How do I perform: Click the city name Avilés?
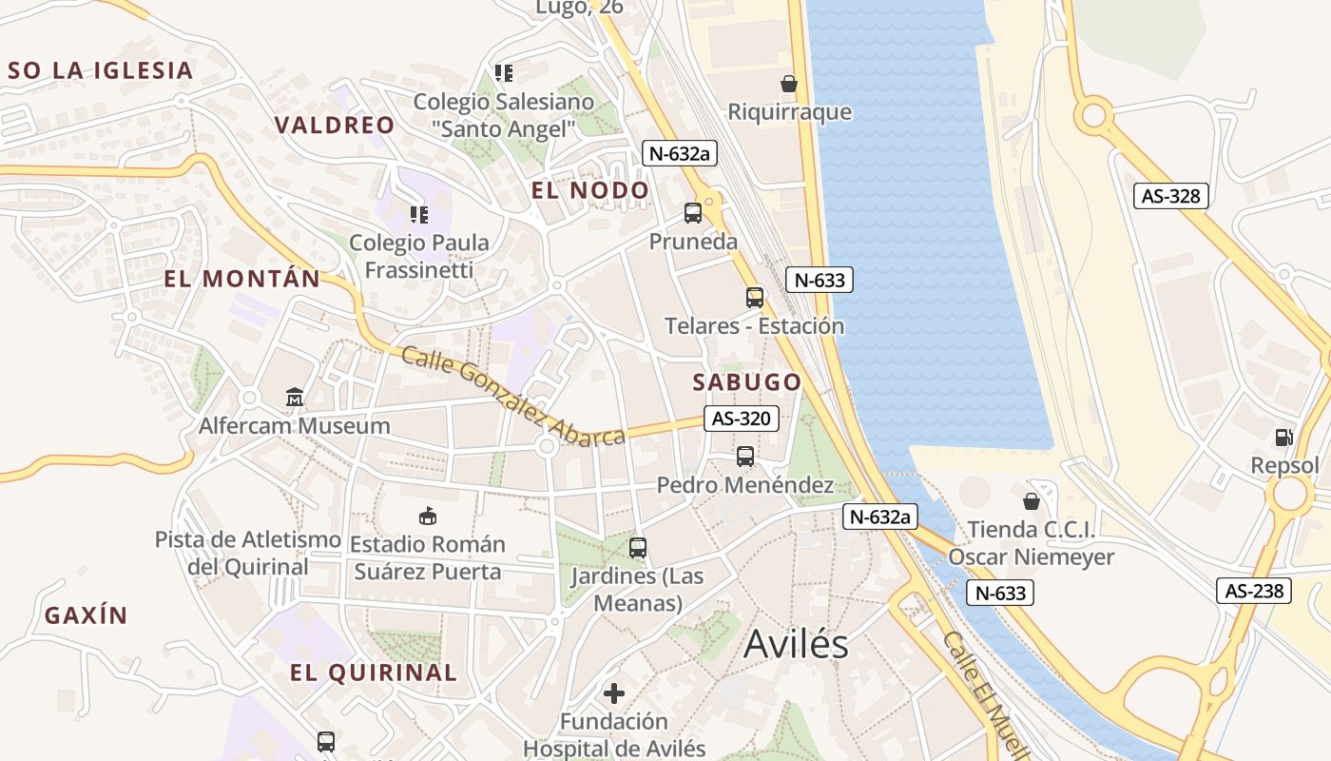(796, 644)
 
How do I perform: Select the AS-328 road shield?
(1171, 196)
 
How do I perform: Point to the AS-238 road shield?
(1254, 591)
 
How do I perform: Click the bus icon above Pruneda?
(693, 212)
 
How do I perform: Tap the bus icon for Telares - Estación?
(755, 297)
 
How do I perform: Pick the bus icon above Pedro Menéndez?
(745, 456)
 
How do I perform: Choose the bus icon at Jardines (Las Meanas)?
(638, 547)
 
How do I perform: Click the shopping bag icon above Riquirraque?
(789, 83)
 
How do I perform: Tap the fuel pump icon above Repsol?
(1284, 437)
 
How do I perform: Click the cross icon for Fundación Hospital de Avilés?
(614, 692)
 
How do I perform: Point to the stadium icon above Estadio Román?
(427, 516)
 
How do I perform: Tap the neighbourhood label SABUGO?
(746, 382)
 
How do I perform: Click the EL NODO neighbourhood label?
(589, 190)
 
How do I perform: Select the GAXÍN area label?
(86, 615)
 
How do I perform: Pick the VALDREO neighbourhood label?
(334, 125)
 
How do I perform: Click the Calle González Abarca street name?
(513, 396)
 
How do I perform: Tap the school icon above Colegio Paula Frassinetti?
(419, 215)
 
